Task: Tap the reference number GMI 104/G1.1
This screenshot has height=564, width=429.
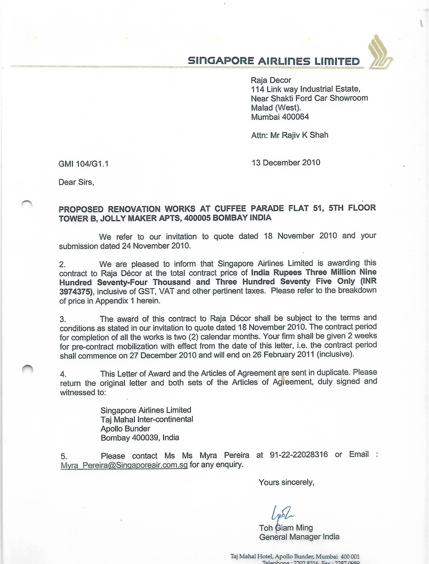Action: pyautogui.click(x=84, y=164)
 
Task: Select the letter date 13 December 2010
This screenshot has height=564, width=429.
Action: pyautogui.click(x=286, y=163)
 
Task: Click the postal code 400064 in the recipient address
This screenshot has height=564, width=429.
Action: pyautogui.click(x=295, y=117)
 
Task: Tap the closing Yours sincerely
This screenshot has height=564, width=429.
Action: pyautogui.click(x=287, y=482)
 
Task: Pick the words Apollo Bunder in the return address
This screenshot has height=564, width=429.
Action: pyautogui.click(x=125, y=429)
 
